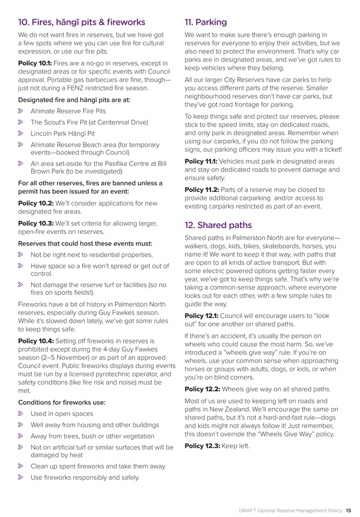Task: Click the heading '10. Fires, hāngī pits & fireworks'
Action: (x=81, y=23)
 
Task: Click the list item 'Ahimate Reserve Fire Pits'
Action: (x=68, y=111)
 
